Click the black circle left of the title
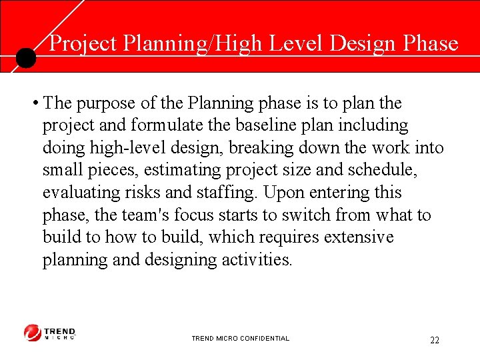click(25, 58)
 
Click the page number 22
click(434, 340)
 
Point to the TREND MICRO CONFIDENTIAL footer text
click(240, 339)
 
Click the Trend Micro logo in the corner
click(50, 333)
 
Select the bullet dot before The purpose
click(34, 104)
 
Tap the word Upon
click(281, 193)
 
